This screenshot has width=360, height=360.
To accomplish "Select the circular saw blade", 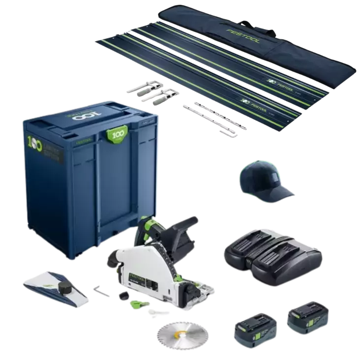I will pos(176,338).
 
